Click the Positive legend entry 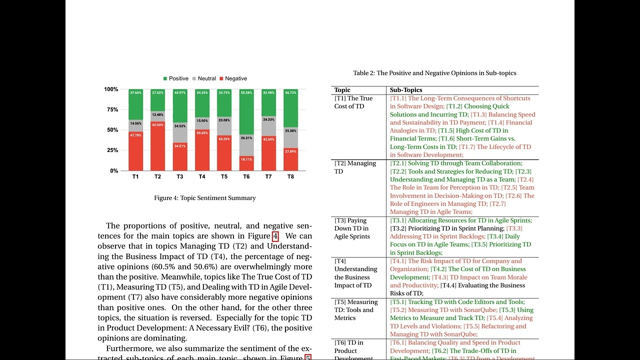click(x=176, y=78)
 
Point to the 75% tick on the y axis click(x=111, y=109)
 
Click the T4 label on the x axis click(x=202, y=177)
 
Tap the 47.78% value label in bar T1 click(x=135, y=135)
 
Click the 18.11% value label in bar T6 click(x=246, y=159)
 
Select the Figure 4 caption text click(x=205, y=198)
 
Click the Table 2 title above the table click(x=434, y=73)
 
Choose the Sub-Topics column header click(x=406, y=90)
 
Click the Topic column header click(x=342, y=90)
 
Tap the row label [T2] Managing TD click(x=355, y=167)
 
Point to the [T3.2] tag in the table click(x=398, y=228)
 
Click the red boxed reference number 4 click(x=275, y=236)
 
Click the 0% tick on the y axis click(x=113, y=170)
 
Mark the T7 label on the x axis click(x=268, y=177)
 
